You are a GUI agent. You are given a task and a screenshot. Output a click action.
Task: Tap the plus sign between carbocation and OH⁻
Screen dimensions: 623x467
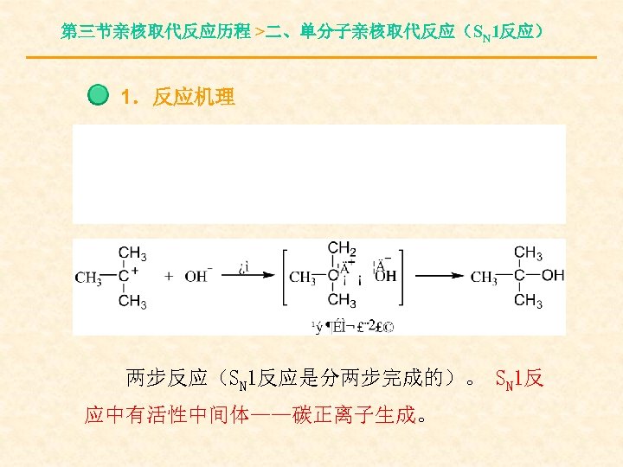(168, 277)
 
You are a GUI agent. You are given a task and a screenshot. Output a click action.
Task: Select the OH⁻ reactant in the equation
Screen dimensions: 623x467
(197, 277)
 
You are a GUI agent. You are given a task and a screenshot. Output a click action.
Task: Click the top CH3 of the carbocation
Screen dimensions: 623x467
(132, 253)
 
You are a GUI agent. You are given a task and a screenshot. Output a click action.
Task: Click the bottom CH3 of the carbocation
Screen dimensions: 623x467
(132, 301)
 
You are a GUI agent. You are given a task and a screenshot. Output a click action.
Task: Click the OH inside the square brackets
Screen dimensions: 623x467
(385, 278)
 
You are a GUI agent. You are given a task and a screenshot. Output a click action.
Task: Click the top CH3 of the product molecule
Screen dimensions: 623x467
(529, 253)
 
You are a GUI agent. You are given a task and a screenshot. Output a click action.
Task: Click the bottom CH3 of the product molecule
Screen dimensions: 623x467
(529, 301)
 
